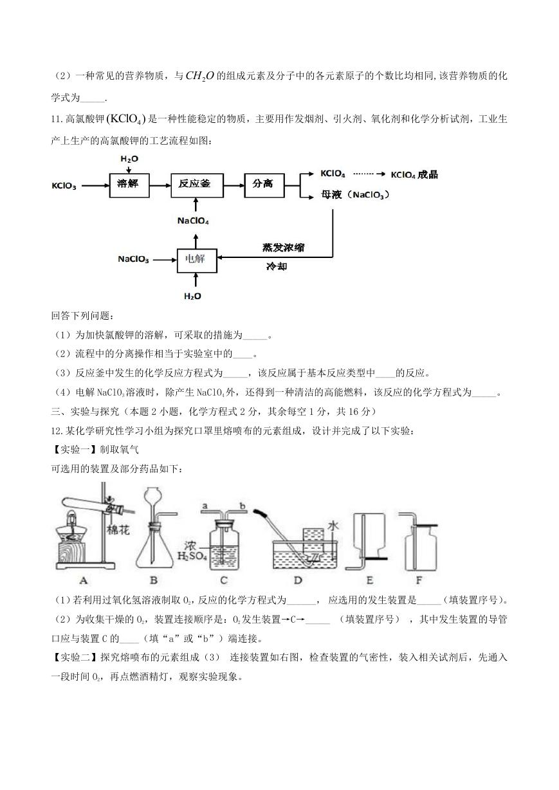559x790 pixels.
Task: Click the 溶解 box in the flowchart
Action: pyautogui.click(x=129, y=185)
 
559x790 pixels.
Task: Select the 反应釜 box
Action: pyautogui.click(x=197, y=185)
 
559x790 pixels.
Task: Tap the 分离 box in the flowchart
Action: pyautogui.click(x=264, y=185)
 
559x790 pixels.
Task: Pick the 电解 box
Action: pyautogui.click(x=197, y=261)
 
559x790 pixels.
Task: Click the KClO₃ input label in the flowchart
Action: pyautogui.click(x=64, y=186)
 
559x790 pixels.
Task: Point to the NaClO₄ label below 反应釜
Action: pyautogui.click(x=193, y=221)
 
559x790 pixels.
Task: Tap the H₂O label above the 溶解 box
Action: pyautogui.click(x=129, y=159)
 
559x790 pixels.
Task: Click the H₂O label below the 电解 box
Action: pyautogui.click(x=192, y=296)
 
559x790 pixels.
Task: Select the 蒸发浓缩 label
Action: pyautogui.click(x=283, y=248)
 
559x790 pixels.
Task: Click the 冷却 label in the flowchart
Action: pyautogui.click(x=277, y=266)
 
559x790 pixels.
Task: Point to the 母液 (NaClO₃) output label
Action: pyautogui.click(x=355, y=195)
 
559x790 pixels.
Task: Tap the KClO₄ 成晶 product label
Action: pyautogui.click(x=414, y=174)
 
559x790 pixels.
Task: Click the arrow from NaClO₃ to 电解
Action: pyautogui.click(x=165, y=261)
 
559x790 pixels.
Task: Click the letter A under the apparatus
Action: pyautogui.click(x=84, y=580)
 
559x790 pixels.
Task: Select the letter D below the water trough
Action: pyautogui.click(x=298, y=580)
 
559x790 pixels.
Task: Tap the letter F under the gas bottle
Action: pyautogui.click(x=419, y=580)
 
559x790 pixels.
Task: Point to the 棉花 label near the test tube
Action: pyautogui.click(x=118, y=529)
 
